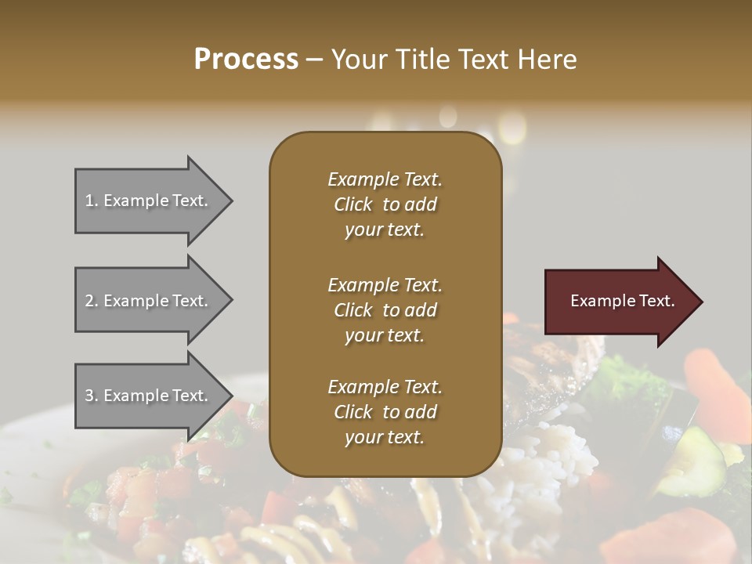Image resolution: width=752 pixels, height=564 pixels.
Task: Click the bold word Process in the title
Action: tap(246, 60)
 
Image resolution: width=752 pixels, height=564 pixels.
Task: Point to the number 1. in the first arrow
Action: tap(92, 201)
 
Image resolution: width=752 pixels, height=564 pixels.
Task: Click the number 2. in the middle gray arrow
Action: tap(92, 301)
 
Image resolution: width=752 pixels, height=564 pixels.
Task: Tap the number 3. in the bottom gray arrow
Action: tap(92, 396)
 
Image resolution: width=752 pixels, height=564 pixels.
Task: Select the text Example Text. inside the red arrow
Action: tap(623, 301)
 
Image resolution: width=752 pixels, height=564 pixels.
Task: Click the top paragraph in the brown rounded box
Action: tap(385, 204)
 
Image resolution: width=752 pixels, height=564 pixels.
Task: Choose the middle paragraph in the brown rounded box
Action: tap(385, 309)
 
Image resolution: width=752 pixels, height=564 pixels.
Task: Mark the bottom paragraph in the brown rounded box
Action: tap(385, 411)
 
